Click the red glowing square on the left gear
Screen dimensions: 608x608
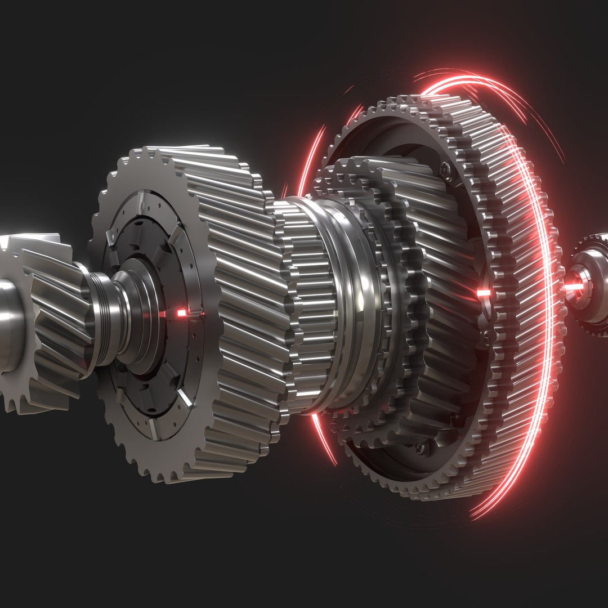click(x=181, y=312)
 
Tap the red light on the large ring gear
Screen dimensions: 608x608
click(x=483, y=293)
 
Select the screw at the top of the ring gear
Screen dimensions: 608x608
click(x=445, y=167)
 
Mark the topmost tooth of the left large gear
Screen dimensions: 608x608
click(x=147, y=153)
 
